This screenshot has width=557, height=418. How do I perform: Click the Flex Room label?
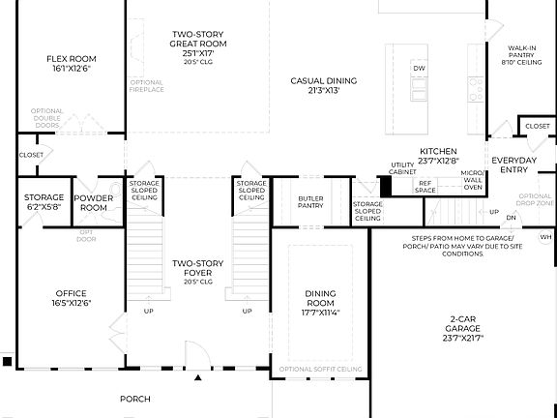point(72,64)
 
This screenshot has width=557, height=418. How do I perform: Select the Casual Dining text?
point(323,86)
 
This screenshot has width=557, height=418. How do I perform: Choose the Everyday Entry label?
point(514,164)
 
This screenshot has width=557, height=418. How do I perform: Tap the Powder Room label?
point(95,202)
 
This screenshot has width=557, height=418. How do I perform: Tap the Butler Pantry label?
point(310,201)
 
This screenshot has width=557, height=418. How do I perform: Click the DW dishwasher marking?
point(419,69)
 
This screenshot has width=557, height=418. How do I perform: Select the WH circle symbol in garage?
point(545,237)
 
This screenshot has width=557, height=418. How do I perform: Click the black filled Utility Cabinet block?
point(385,186)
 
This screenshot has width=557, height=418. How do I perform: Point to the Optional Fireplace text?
point(146,86)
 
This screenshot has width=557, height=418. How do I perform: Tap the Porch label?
point(134,399)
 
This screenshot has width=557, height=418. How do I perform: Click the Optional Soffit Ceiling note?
point(320,370)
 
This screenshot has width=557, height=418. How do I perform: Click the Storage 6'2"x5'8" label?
point(44,202)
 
